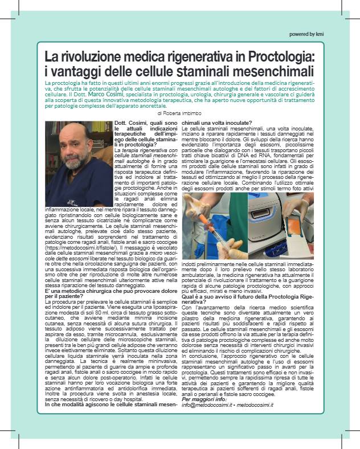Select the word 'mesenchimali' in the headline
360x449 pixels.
(276, 72)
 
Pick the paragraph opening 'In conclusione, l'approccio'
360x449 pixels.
(245, 356)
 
